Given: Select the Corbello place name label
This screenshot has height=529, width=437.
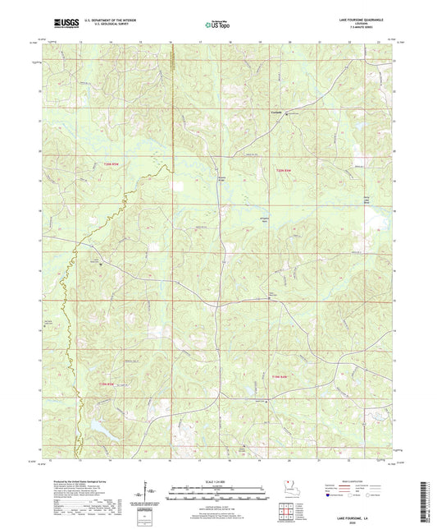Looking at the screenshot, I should [x=277, y=113].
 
